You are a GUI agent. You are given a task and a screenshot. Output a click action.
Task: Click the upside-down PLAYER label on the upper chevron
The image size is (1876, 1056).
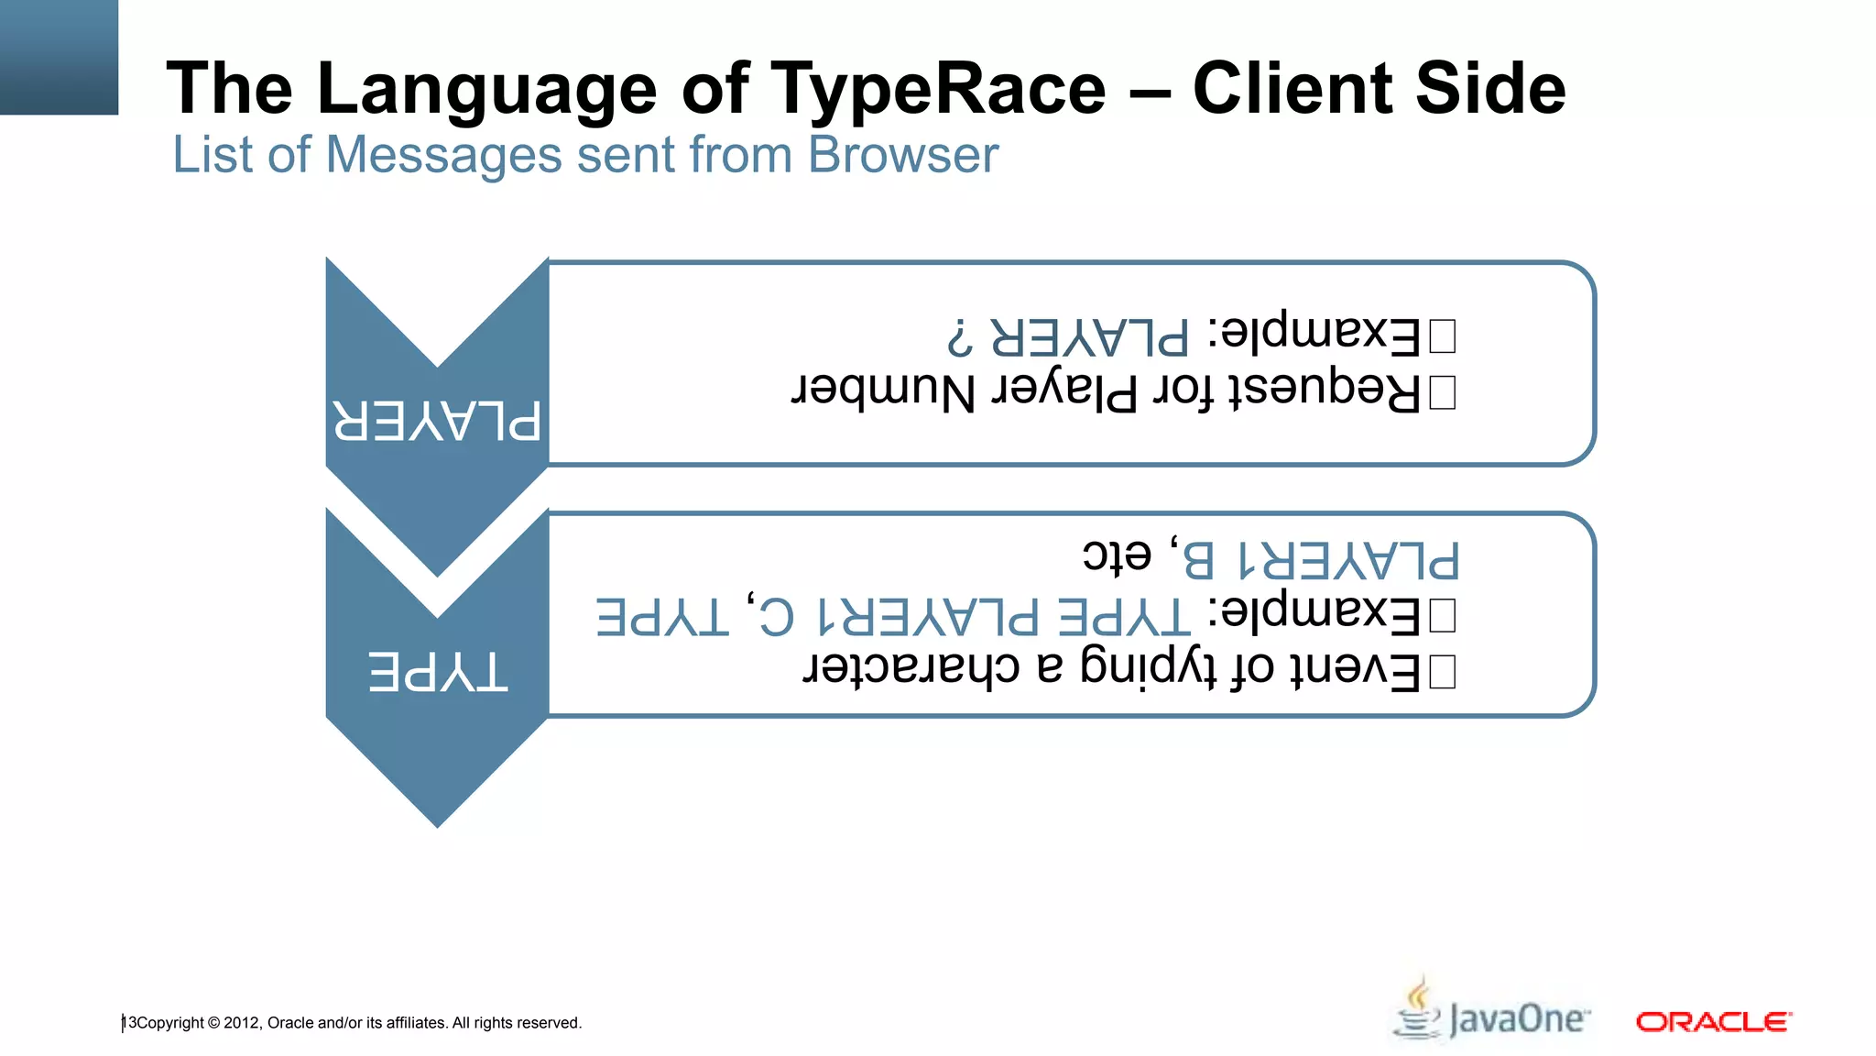436,422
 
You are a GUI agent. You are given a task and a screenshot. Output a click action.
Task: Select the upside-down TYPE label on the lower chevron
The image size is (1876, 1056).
437,672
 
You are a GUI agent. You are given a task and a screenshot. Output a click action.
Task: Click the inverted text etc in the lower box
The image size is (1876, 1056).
1117,555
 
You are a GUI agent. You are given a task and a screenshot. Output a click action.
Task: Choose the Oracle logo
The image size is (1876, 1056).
1713,1021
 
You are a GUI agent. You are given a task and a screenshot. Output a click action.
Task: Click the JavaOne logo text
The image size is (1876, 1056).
1518,1019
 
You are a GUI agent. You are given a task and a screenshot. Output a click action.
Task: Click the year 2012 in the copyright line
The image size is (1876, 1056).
242,1023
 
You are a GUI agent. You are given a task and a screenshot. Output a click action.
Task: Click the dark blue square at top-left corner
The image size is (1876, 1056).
59,57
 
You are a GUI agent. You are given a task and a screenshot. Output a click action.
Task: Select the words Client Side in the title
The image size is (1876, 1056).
1379,89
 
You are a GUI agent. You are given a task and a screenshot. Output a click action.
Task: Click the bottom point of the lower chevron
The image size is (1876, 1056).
438,824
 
